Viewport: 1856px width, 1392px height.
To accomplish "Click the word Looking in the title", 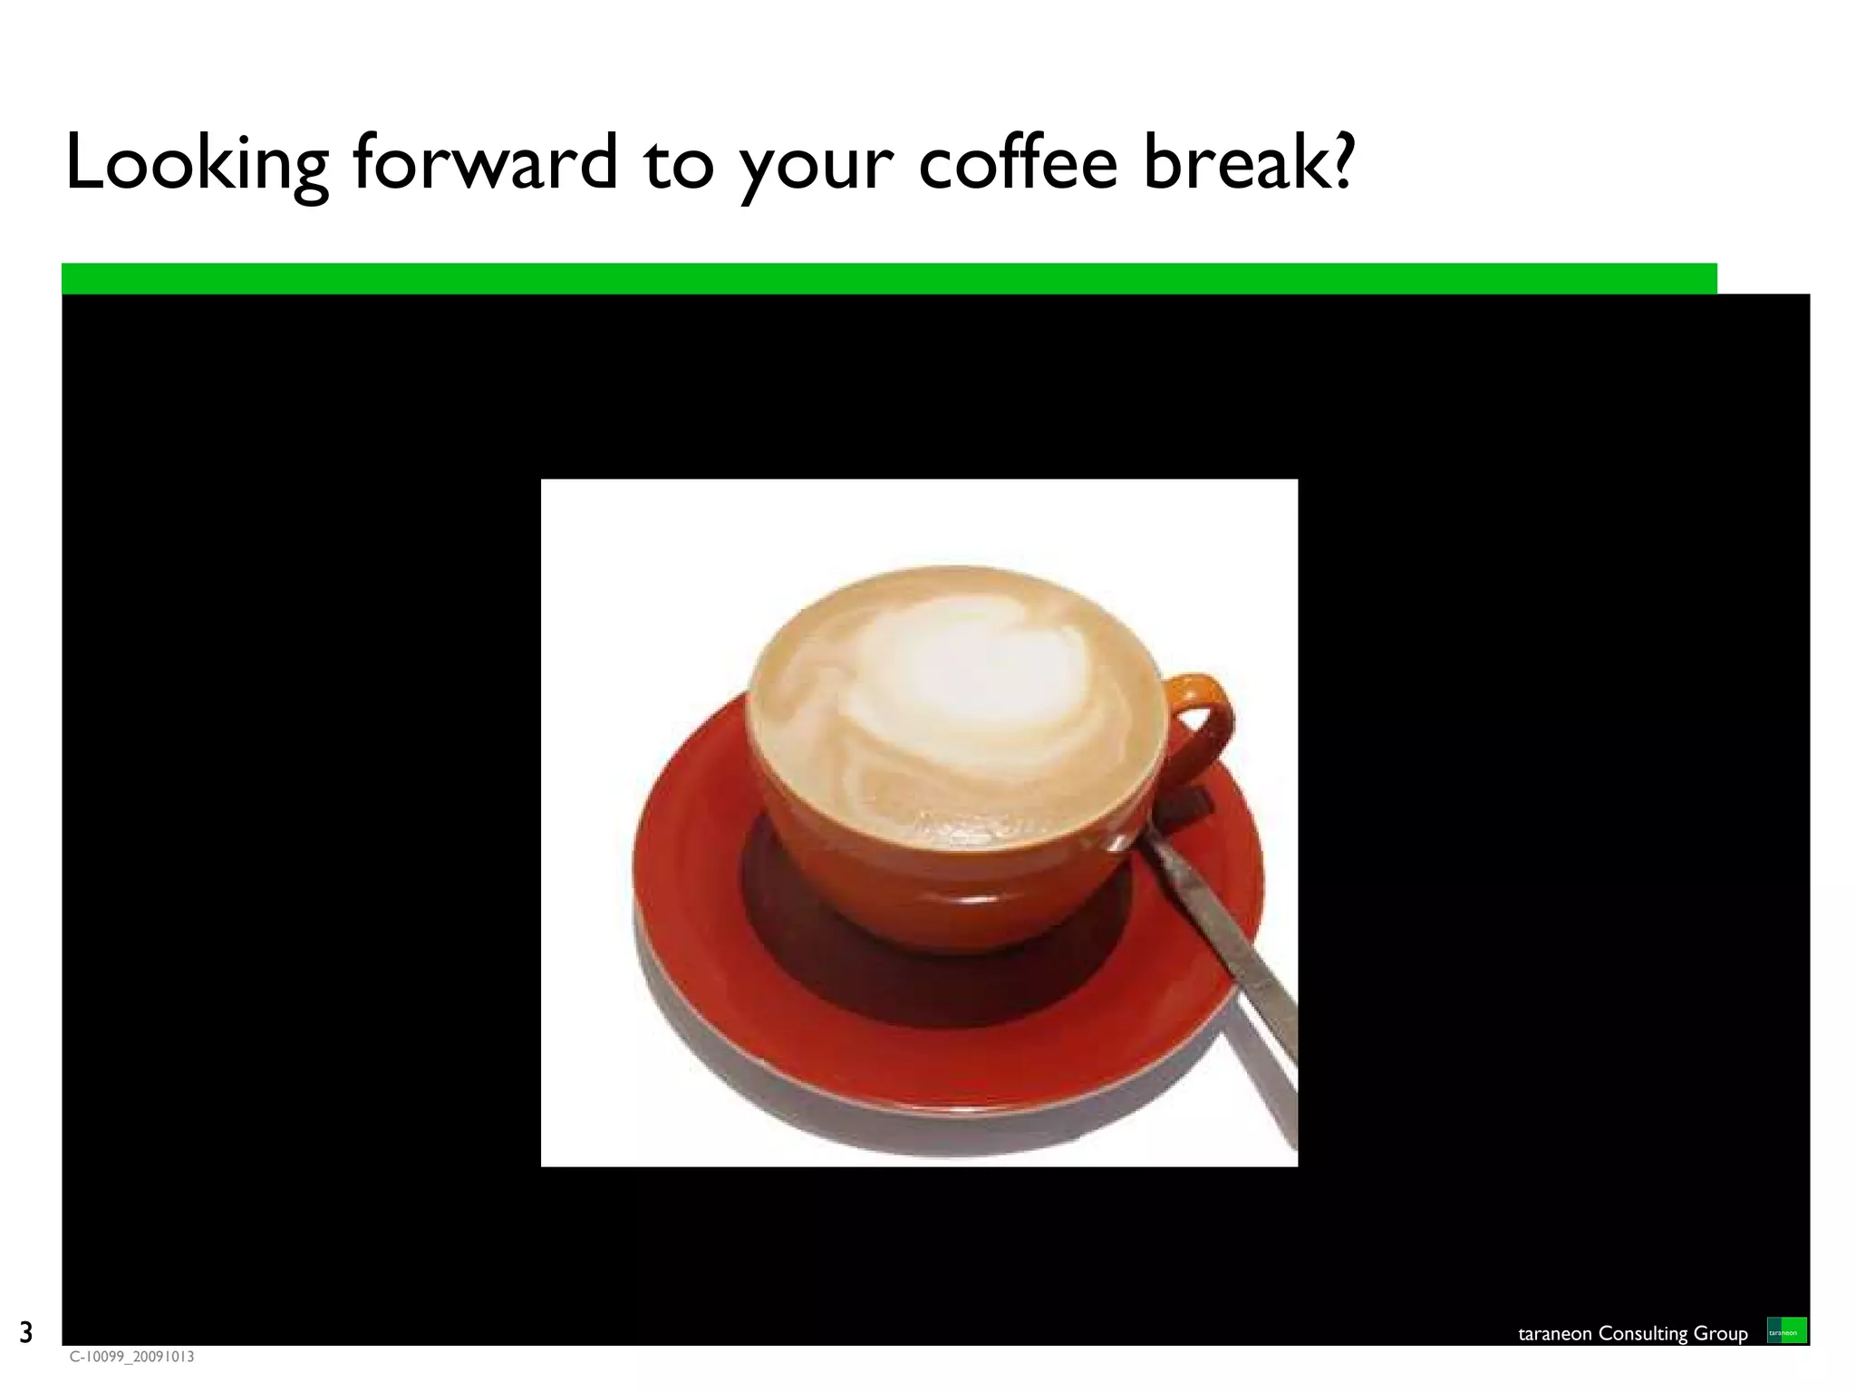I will pos(196,163).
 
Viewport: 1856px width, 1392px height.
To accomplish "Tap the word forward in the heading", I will pos(485,163).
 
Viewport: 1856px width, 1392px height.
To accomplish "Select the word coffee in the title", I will pos(1017,163).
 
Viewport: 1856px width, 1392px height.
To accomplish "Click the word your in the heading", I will pos(816,168).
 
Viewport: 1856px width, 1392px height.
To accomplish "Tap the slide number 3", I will pos(25,1332).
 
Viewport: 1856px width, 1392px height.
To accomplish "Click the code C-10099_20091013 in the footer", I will pos(132,1357).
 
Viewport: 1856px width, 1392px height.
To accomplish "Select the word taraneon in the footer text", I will pos(1555,1333).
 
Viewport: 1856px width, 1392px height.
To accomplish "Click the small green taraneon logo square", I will pos(1786,1330).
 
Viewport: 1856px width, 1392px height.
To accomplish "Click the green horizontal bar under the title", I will pos(888,278).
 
